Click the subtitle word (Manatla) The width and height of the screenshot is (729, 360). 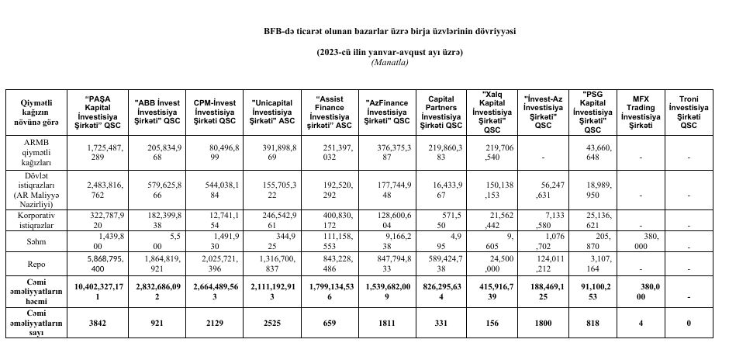[x=390, y=62]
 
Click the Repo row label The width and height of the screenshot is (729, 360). [x=39, y=264]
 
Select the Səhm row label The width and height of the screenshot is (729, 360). [x=39, y=241]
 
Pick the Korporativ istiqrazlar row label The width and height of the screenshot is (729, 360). [x=39, y=216]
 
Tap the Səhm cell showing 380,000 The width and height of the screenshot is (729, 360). [x=641, y=241]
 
